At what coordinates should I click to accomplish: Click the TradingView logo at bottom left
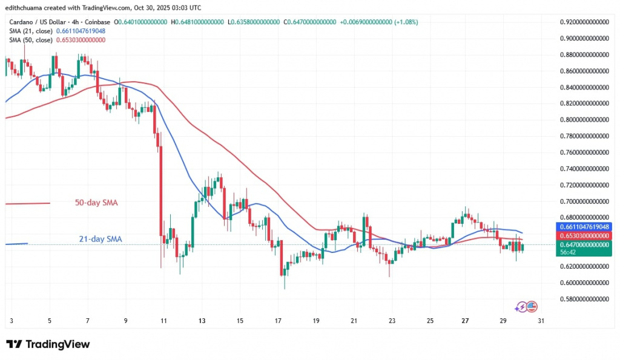[48, 344]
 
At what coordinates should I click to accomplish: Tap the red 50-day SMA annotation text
[97, 203]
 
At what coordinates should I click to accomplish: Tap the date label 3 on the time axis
[12, 321]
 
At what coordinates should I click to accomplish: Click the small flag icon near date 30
[533, 306]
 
